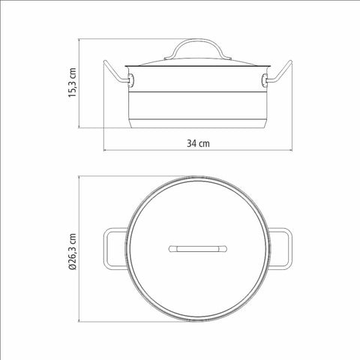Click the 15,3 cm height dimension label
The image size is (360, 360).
pos(73,82)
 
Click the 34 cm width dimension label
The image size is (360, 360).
pos(198,143)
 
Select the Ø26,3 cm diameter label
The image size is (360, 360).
pos(73,252)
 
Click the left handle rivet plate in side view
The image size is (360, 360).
pos(131,81)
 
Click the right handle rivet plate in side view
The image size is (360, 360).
pos(264,81)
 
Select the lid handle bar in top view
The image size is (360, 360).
pos(198,249)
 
